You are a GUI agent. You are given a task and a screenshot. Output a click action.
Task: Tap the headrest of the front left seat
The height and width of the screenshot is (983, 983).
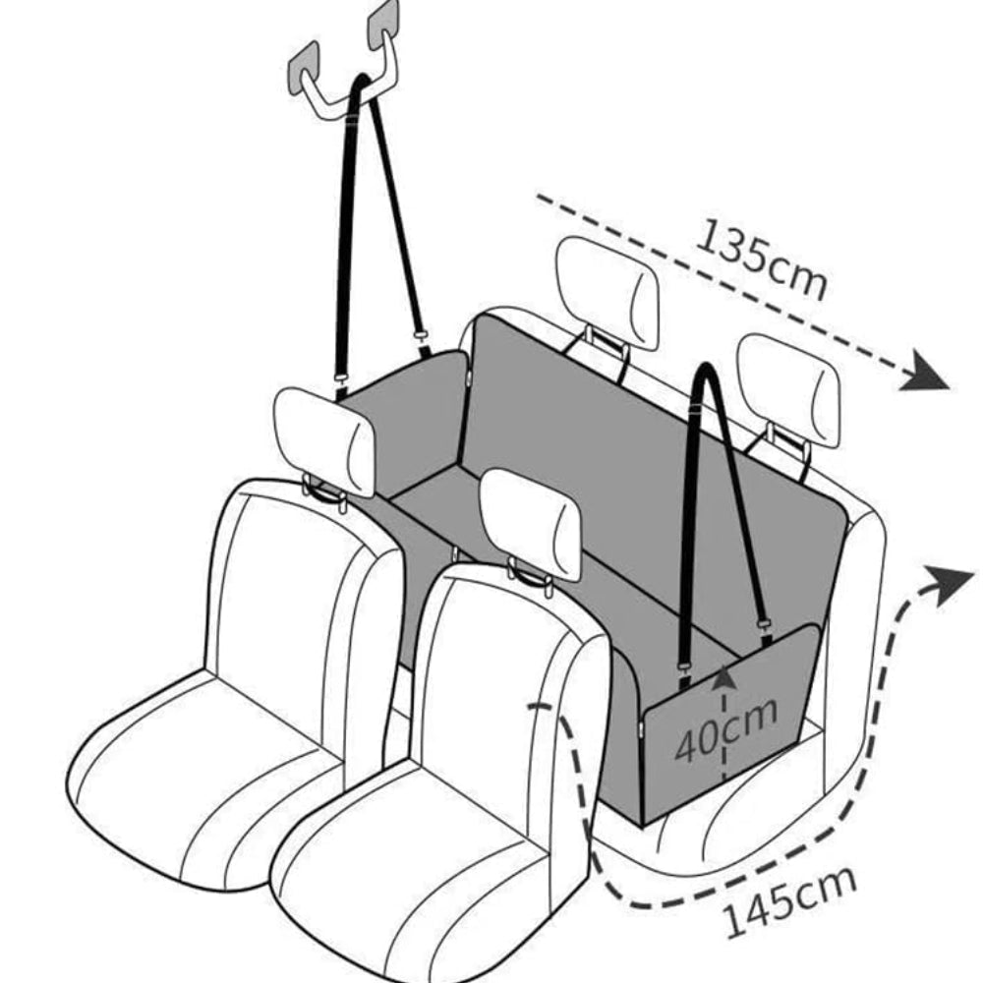coord(324,439)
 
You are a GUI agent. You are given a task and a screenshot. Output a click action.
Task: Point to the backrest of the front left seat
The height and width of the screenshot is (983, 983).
coord(295,590)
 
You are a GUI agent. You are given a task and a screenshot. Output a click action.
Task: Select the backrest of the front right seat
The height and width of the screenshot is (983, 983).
coord(501,678)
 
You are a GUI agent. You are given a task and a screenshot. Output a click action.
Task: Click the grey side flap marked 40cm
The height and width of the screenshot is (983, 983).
coord(688,747)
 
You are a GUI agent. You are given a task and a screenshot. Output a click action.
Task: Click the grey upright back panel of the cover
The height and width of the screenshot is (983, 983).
coord(639,442)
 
